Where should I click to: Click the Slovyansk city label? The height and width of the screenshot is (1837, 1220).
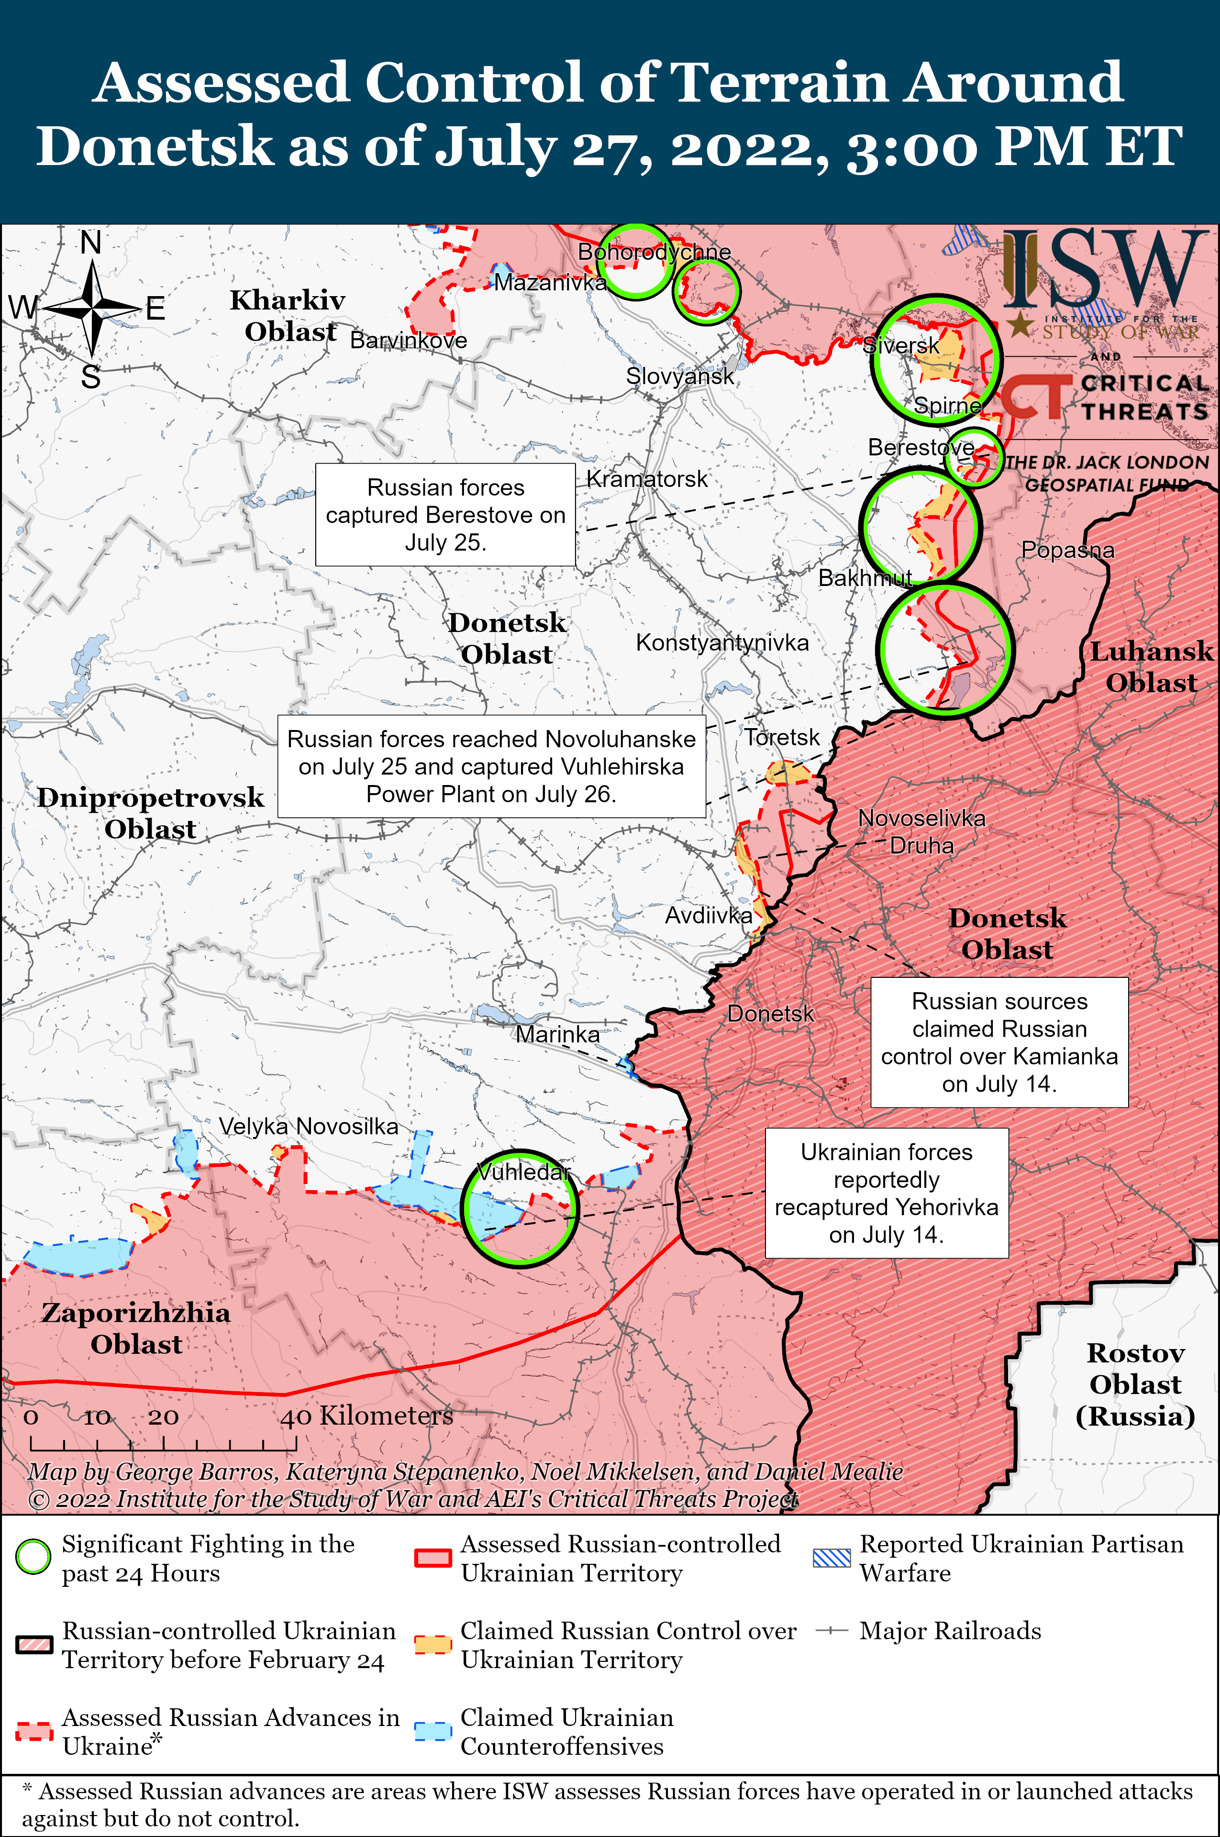click(680, 376)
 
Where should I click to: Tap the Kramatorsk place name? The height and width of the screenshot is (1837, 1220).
click(646, 479)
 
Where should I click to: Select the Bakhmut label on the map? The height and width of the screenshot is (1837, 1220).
click(865, 578)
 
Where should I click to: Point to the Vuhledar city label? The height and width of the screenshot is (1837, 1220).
click(523, 1172)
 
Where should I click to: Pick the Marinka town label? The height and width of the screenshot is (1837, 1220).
click(557, 1035)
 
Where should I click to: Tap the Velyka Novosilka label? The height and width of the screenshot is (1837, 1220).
click(308, 1126)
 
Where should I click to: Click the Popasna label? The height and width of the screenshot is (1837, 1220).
click(1067, 550)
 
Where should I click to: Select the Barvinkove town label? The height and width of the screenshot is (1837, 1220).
click(409, 340)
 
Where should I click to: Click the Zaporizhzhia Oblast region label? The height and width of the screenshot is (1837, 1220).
click(136, 1328)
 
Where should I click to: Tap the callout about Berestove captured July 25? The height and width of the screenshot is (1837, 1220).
click(445, 514)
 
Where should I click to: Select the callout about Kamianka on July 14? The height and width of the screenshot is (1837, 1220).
click(999, 1042)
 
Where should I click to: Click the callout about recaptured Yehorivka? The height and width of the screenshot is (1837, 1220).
click(886, 1193)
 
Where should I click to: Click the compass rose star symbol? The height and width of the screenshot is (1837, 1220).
click(92, 308)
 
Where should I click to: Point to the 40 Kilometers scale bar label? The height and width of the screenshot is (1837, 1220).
click(366, 1415)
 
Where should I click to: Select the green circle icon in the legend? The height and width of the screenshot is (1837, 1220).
click(33, 1557)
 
